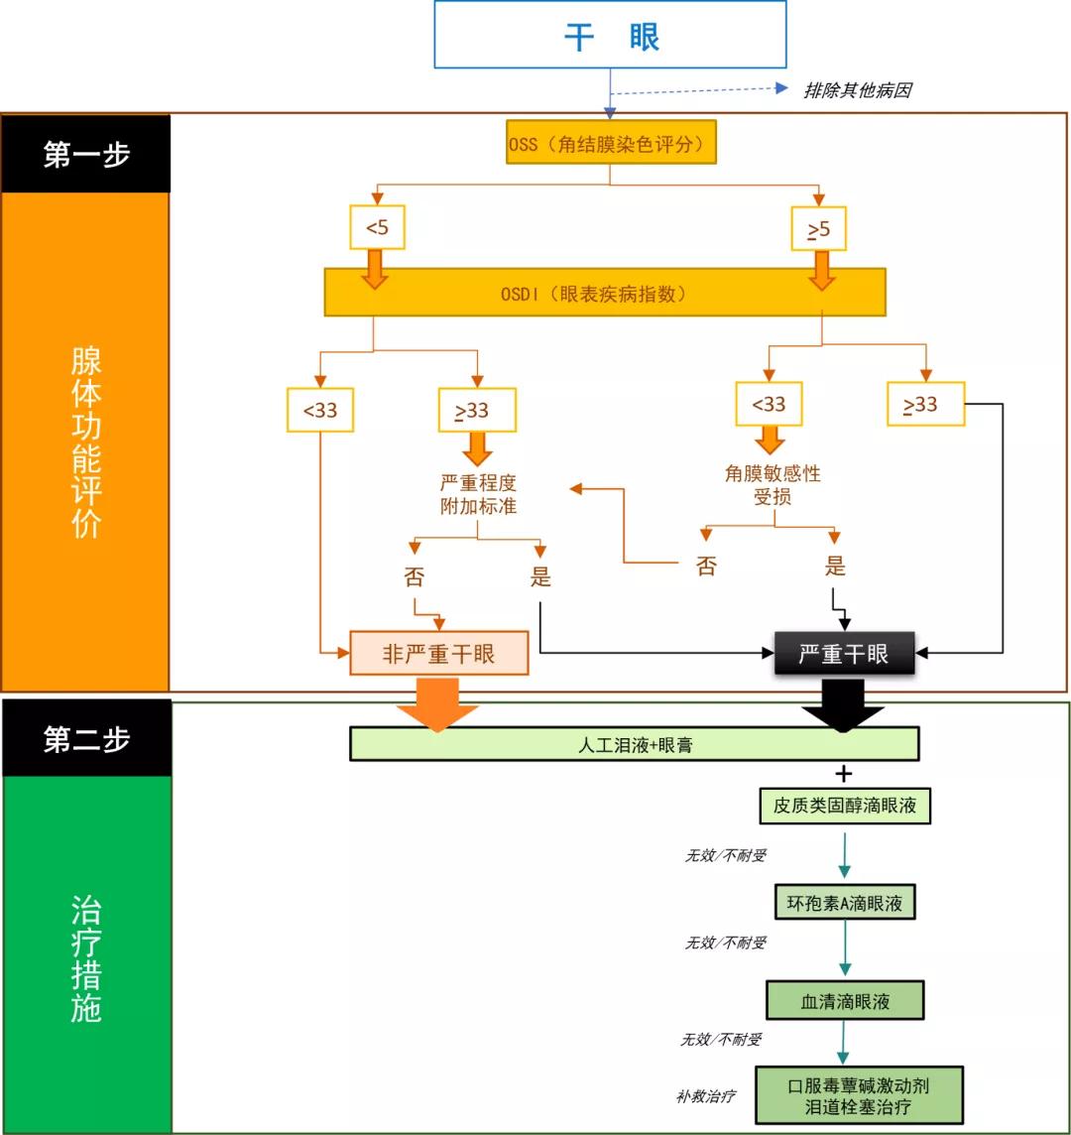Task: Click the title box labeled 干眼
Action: coord(610,35)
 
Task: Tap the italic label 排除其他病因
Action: coord(857,90)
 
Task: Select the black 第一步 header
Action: coord(86,154)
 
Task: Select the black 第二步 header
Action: coord(86,739)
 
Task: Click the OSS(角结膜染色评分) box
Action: coord(609,145)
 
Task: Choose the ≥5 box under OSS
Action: coord(818,230)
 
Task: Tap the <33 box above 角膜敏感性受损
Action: coord(769,405)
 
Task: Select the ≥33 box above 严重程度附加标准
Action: coord(478,411)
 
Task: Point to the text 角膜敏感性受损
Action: coord(773,485)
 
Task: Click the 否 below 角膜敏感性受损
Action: coord(705,567)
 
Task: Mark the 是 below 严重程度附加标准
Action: coord(540,577)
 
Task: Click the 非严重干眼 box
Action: coord(439,653)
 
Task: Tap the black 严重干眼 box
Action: coord(844,654)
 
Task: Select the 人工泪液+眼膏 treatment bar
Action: coord(635,744)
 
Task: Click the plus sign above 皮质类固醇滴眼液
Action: coord(844,774)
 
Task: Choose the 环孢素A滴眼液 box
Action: coord(844,903)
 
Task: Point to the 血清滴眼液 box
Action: coord(845,1001)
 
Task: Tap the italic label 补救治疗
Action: coord(706,1097)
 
